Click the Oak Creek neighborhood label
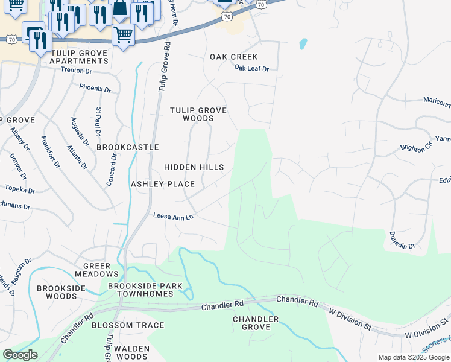[233, 57]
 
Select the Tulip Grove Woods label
[198, 114]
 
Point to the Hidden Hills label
[194, 167]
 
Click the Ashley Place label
[163, 184]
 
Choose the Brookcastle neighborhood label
[128, 147]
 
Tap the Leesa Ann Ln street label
[173, 216]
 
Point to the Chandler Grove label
[256, 323]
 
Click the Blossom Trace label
[128, 325]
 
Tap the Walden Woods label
[131, 352]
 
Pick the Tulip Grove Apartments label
[80, 57]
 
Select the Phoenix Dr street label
[95, 89]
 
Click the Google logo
[20, 355]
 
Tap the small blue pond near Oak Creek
[303, 44]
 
